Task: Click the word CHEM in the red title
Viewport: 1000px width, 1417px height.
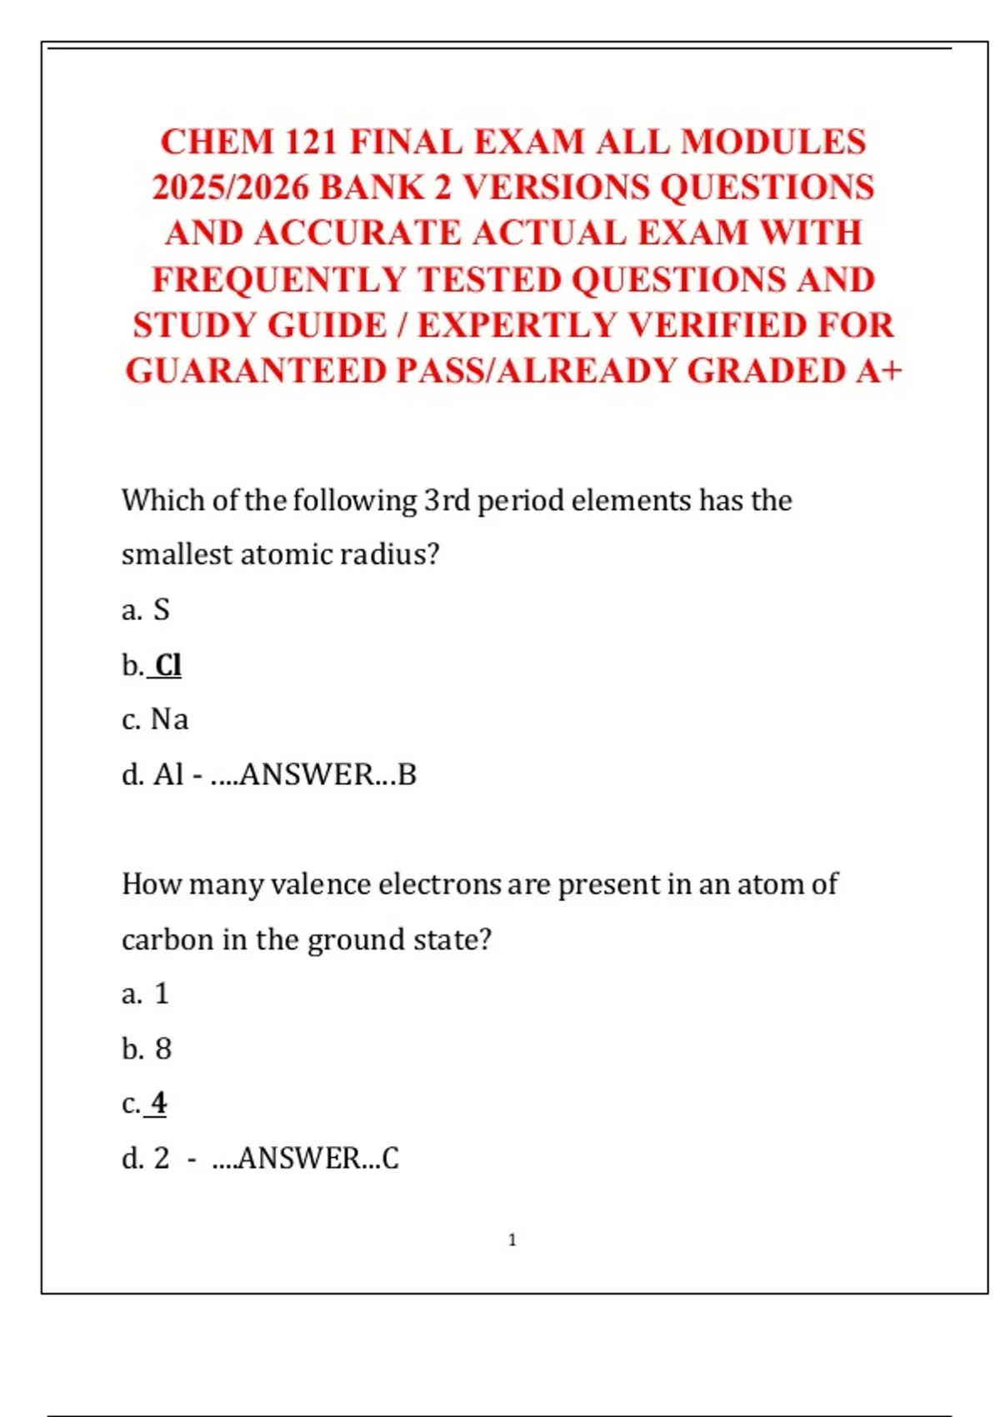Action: pyautogui.click(x=217, y=142)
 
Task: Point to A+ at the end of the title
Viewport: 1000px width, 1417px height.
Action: pyautogui.click(x=878, y=371)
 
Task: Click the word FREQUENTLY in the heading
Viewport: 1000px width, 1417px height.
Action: pyautogui.click(x=278, y=279)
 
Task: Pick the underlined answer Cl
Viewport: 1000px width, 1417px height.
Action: pyautogui.click(x=167, y=665)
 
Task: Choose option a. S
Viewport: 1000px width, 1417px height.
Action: pyautogui.click(x=146, y=610)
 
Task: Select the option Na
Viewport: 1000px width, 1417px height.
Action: pyautogui.click(x=169, y=719)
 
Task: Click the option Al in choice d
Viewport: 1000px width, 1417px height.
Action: pyautogui.click(x=168, y=774)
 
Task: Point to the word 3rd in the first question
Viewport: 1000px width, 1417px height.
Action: pyautogui.click(x=447, y=500)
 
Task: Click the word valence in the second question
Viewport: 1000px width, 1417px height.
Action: pyautogui.click(x=320, y=884)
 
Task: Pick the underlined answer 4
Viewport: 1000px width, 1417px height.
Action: pyautogui.click(x=158, y=1104)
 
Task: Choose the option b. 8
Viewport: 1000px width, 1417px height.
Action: pyautogui.click(x=147, y=1049)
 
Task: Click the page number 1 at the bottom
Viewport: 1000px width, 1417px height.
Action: pyautogui.click(x=512, y=1240)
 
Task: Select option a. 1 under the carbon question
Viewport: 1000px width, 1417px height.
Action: pyautogui.click(x=146, y=994)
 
